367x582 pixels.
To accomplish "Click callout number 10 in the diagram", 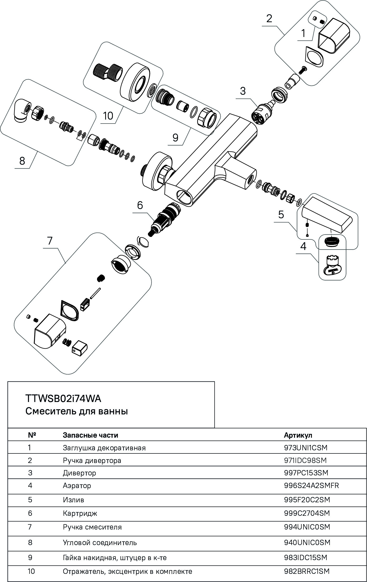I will [x=108, y=116].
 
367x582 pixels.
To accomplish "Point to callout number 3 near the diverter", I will [x=243, y=91].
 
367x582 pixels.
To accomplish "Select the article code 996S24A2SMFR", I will [x=311, y=485].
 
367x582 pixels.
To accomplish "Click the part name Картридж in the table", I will [x=80, y=513].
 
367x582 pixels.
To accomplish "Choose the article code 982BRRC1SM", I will [x=307, y=571].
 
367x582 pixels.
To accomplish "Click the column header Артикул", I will [x=298, y=435].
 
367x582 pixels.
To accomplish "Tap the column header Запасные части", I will [x=90, y=435].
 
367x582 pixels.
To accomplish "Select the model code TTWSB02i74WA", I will [x=63, y=398].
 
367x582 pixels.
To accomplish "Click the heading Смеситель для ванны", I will [x=76, y=411].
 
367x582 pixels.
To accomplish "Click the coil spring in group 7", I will [x=67, y=343].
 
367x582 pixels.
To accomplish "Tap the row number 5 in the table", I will [x=30, y=500].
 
